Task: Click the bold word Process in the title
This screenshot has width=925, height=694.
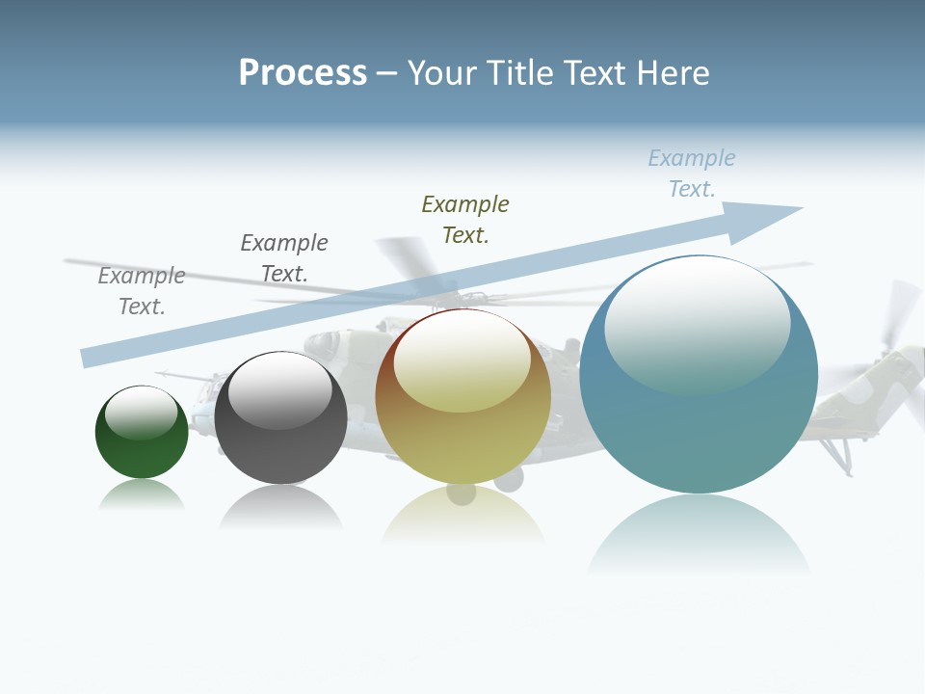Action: pyautogui.click(x=303, y=73)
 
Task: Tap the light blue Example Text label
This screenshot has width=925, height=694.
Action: pyautogui.click(x=692, y=173)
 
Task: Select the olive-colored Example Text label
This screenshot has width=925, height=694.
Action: pyautogui.click(x=465, y=219)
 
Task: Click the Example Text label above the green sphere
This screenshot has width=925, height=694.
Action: pyautogui.click(x=142, y=290)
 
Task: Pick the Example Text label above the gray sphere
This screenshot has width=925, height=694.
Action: pyautogui.click(x=284, y=258)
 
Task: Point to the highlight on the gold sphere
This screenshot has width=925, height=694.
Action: pyautogui.click(x=462, y=361)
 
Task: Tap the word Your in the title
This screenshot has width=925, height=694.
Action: pyautogui.click(x=443, y=73)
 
